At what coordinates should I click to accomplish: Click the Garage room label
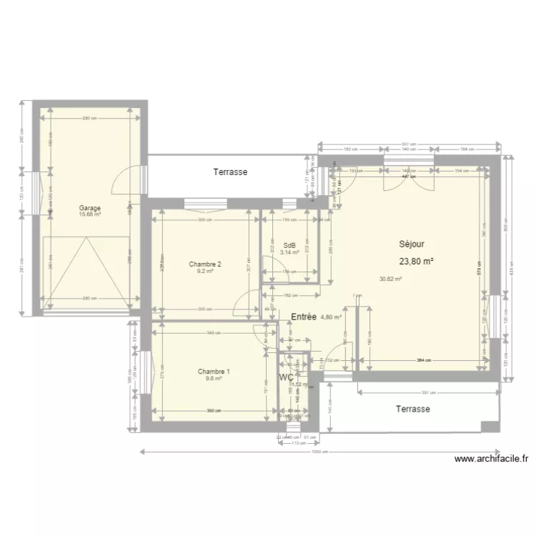click(x=90, y=208)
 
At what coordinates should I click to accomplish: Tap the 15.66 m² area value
click(x=90, y=214)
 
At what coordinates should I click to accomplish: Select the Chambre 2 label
click(x=205, y=264)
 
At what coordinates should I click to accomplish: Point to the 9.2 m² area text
click(x=205, y=271)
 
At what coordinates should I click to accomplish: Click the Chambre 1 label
click(x=214, y=372)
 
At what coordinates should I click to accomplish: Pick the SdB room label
click(x=289, y=246)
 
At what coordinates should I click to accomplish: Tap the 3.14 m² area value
click(x=289, y=252)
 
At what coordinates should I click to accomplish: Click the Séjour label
click(x=412, y=244)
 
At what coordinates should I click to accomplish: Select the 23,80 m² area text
click(x=417, y=262)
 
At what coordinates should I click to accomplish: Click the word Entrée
click(x=304, y=317)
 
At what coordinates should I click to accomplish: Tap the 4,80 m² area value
click(x=331, y=317)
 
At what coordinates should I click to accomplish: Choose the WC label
click(x=287, y=377)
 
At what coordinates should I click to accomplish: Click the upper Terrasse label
click(x=230, y=172)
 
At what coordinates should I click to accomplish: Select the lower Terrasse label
click(x=413, y=409)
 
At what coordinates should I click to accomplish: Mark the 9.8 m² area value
click(x=214, y=378)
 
